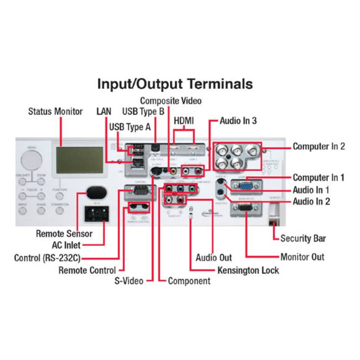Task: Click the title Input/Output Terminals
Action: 175,84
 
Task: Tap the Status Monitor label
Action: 55,111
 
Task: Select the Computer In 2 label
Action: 319,146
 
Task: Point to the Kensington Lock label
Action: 248,270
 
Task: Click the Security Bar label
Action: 303,238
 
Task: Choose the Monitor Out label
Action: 302,257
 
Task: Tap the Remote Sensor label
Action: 64,234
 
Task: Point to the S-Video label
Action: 129,281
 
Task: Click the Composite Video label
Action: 170,101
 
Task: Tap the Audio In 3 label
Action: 238,121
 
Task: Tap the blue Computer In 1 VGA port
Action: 245,186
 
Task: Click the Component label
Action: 189,281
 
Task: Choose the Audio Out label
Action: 214,258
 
